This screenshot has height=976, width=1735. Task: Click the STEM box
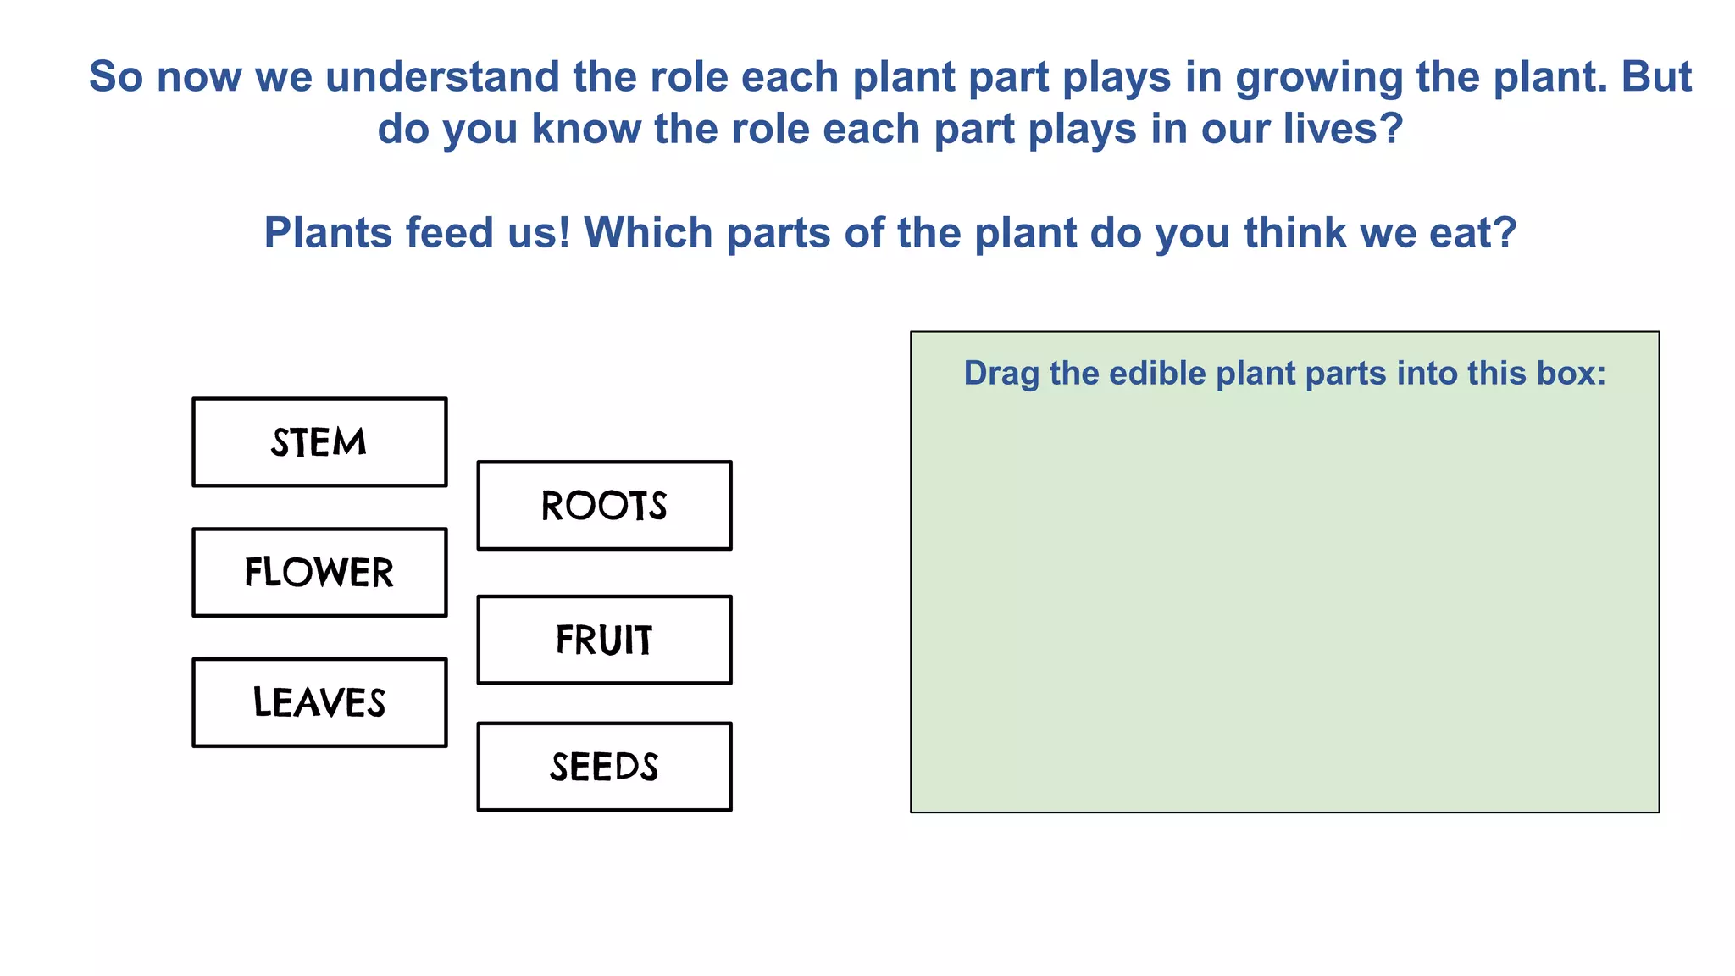319,442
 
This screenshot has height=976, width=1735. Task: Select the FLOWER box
319,573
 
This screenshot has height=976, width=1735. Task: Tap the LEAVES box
319,702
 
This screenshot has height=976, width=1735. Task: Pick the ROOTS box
604,506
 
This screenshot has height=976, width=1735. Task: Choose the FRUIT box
604,640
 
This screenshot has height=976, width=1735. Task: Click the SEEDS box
604,767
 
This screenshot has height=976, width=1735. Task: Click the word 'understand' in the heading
442,77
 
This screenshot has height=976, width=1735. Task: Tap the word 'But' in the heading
1656,77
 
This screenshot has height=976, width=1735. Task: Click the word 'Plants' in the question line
328,233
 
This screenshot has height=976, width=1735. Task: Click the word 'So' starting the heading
116,77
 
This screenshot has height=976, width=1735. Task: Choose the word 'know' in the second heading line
586,130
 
